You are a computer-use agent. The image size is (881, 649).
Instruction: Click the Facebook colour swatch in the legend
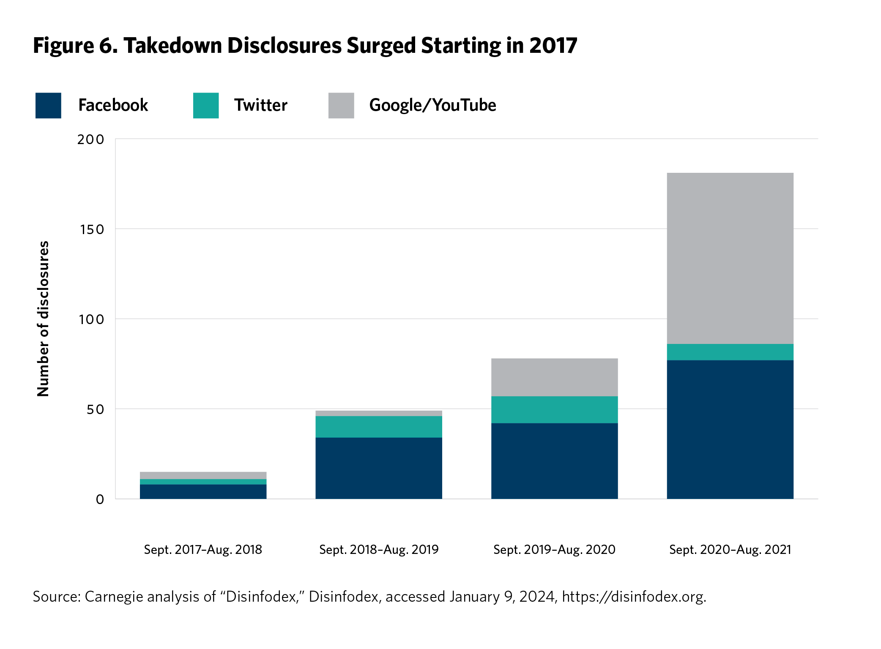tap(48, 106)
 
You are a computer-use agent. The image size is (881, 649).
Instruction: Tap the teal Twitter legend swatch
tap(206, 106)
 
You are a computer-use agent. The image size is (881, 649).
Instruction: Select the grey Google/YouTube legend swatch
tap(341, 106)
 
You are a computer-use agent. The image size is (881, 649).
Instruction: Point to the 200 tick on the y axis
tap(90, 139)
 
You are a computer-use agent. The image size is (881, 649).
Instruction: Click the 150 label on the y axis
tap(92, 229)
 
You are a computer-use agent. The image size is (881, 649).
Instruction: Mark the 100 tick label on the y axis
tap(91, 319)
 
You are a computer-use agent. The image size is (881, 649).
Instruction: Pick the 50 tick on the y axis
tap(95, 409)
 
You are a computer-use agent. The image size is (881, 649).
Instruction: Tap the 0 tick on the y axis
tap(100, 499)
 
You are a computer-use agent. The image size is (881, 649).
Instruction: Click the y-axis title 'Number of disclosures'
tap(43, 319)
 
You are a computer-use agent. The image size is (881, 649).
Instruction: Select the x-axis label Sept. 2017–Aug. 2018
tap(203, 549)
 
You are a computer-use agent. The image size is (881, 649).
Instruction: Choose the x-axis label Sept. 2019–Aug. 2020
tap(554, 549)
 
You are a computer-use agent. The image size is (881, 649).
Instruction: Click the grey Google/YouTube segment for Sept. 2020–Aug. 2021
tap(730, 258)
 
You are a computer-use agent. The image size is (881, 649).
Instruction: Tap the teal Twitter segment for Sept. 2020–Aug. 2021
tap(730, 352)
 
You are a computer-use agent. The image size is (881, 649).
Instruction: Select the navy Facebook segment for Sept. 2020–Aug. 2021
tap(730, 429)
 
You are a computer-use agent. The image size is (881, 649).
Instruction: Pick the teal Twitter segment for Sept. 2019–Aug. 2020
tap(554, 409)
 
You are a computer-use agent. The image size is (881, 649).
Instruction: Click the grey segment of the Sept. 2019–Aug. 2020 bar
tap(554, 377)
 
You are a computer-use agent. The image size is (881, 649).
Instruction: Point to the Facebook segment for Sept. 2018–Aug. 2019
tap(379, 468)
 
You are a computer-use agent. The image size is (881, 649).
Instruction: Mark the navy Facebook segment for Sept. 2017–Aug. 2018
tap(203, 491)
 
